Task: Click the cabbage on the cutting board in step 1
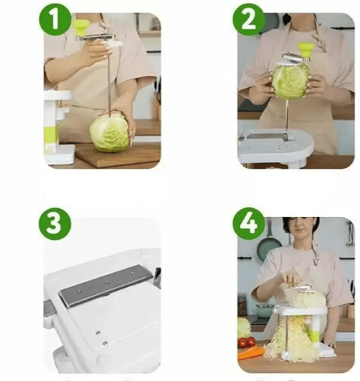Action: tap(110, 133)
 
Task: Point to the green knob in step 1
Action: tap(82, 27)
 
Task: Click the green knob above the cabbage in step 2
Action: tap(306, 51)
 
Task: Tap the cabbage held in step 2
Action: tap(290, 80)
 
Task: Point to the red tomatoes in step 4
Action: tap(246, 342)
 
